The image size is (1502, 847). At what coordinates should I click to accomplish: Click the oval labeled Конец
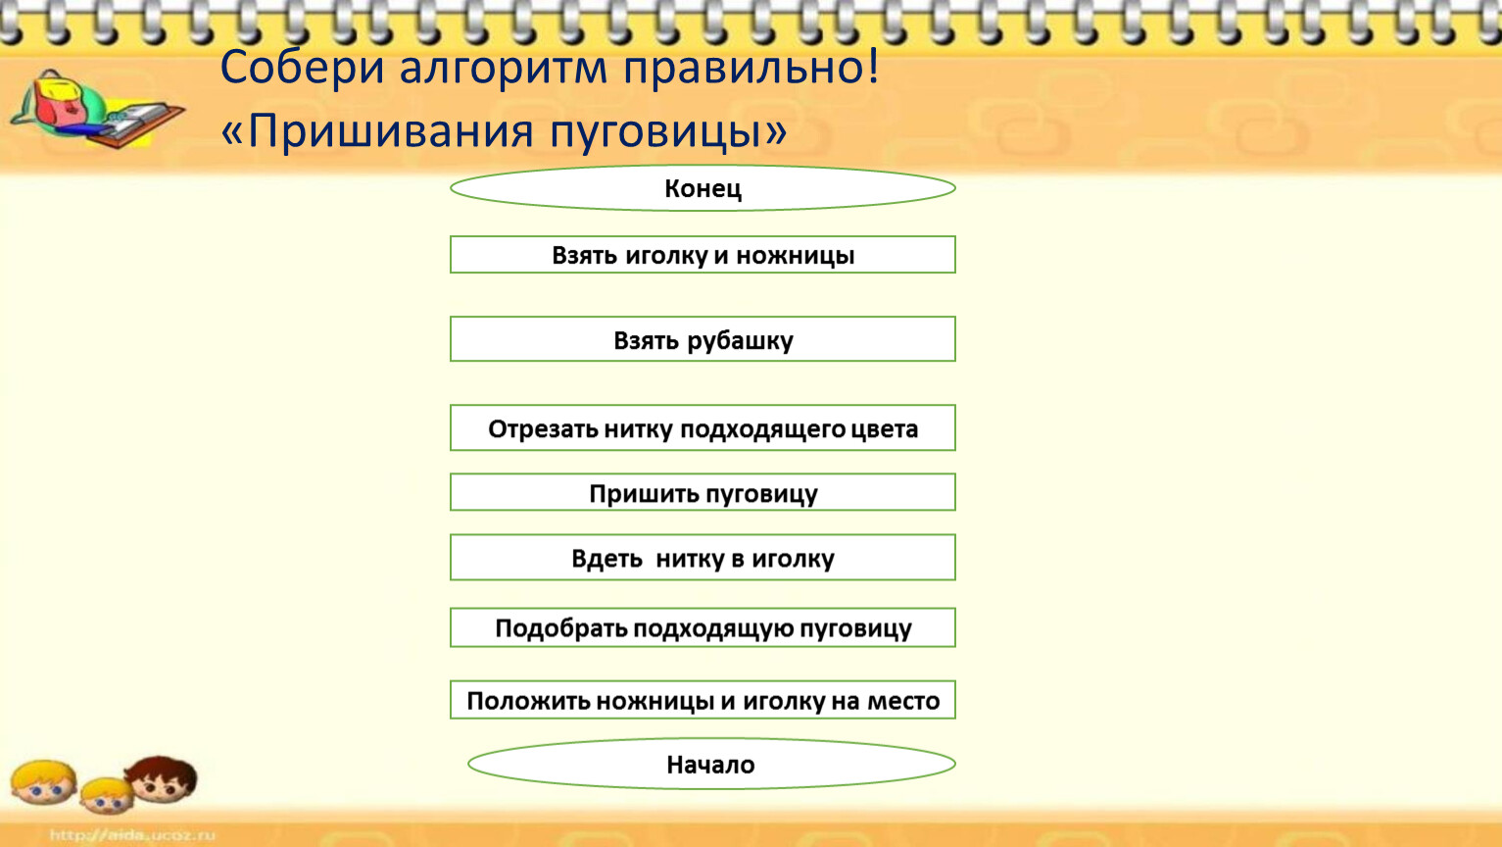(703, 188)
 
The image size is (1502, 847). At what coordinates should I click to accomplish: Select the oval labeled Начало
(711, 764)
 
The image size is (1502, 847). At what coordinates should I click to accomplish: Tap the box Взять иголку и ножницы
(703, 254)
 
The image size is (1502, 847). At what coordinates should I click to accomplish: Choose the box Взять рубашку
(703, 339)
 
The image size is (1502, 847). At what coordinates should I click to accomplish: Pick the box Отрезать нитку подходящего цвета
(703, 427)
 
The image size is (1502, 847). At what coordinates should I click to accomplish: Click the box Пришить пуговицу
(703, 492)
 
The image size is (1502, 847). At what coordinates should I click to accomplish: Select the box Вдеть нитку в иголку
(703, 557)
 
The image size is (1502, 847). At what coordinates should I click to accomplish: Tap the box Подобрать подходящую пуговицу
(703, 627)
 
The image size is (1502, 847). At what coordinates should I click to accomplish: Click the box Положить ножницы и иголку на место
(703, 700)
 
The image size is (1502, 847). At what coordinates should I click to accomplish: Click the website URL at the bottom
(133, 835)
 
